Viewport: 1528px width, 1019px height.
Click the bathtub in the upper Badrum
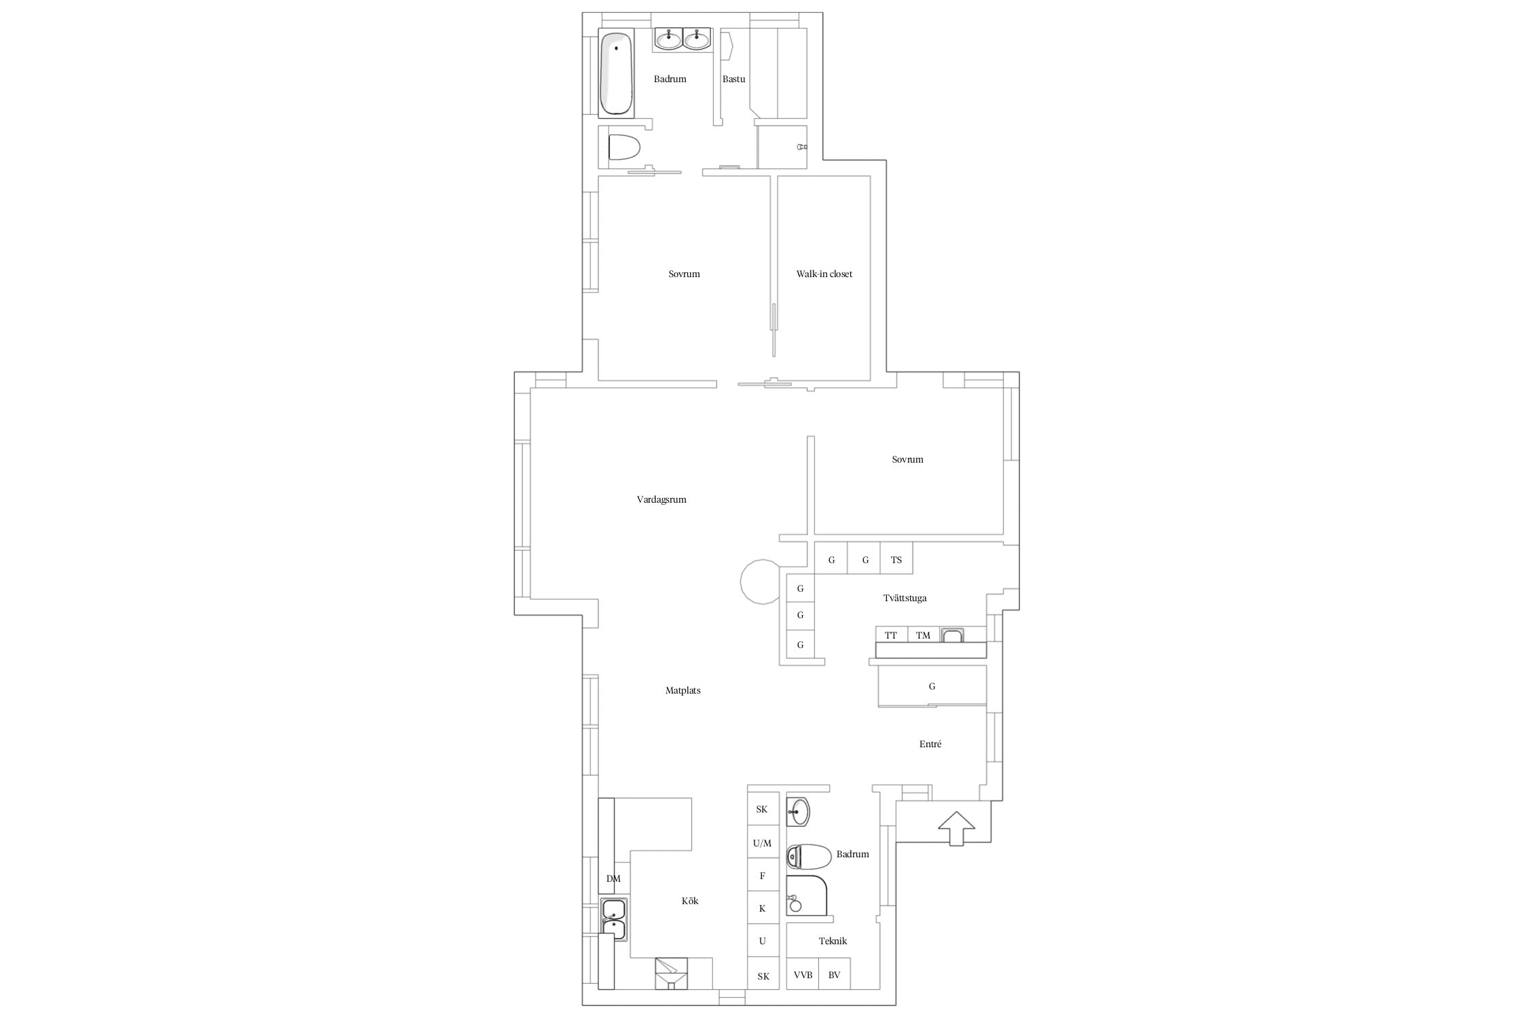pos(616,73)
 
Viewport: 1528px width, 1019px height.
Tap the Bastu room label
pos(733,79)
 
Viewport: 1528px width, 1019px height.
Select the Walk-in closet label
pos(824,274)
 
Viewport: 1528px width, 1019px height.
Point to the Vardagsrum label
pos(661,500)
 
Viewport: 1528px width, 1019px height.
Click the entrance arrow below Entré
pos(956,828)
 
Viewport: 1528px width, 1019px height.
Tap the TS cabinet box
pos(896,559)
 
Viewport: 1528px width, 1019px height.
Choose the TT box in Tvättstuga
pos(891,635)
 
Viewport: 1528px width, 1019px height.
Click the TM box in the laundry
pos(924,635)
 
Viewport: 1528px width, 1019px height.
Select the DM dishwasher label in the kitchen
pos(613,879)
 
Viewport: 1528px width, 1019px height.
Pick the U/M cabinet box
pos(763,842)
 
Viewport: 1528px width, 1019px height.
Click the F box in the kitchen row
pos(763,875)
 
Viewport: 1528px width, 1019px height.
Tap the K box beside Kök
pos(763,908)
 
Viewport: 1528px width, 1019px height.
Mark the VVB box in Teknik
pos(803,973)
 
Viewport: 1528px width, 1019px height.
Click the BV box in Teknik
pos(835,973)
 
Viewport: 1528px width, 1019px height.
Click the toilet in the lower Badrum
pos(809,857)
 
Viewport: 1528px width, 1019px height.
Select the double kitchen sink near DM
pos(614,919)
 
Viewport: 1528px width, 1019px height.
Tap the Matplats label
pos(683,691)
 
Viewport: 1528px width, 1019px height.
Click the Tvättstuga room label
pos(905,598)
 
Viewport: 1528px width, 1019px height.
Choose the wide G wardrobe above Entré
pos(932,686)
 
